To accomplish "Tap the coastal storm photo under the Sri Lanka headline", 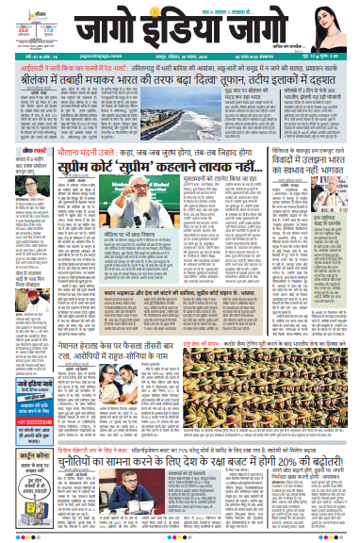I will pyautogui.click(x=189, y=116).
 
